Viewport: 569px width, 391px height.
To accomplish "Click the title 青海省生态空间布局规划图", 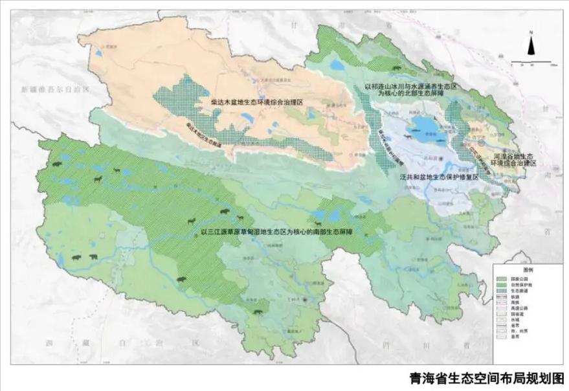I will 486,378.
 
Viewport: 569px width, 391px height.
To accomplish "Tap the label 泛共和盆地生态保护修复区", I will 437,176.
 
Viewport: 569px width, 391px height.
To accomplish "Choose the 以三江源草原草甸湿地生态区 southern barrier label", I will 277,230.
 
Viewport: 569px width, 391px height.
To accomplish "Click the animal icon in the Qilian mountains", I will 393,68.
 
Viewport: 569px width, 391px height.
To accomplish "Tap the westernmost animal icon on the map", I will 57,164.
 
